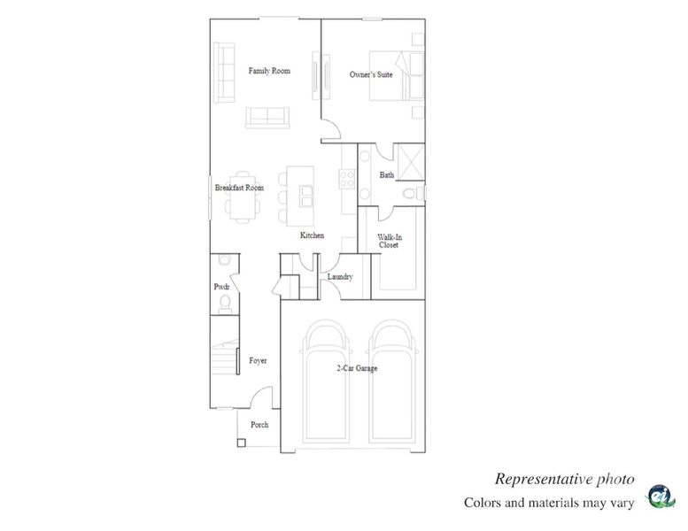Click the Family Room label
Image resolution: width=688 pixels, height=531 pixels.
tap(268, 71)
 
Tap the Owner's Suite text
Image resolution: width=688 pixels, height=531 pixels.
tap(372, 75)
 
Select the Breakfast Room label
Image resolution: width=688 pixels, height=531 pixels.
tap(239, 188)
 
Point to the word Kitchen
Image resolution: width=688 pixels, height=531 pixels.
tap(312, 235)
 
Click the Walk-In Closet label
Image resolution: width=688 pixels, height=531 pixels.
tap(388, 241)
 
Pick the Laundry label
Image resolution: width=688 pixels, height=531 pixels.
tap(340, 277)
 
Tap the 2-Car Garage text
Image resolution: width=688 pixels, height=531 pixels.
tap(356, 368)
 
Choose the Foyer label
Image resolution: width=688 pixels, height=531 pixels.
tap(258, 361)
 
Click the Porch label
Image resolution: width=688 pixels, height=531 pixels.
tap(259, 425)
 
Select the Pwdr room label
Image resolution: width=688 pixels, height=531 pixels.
tap(221, 288)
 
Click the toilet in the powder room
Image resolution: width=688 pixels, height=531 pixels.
tap(224, 304)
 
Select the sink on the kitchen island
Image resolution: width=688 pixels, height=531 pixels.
tap(305, 194)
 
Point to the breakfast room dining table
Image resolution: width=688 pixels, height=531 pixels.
tap(244, 206)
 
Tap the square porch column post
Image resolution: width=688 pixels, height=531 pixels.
tap(241, 440)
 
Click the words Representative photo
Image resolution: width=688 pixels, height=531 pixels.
tap(563, 479)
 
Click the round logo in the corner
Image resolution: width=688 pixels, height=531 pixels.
tap(661, 497)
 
